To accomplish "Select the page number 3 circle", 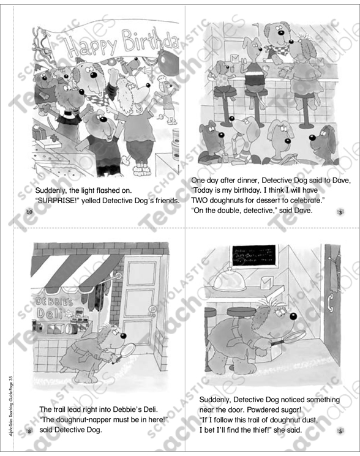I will (340, 212).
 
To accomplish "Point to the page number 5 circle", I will (340, 432).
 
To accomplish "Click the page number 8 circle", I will (29, 432).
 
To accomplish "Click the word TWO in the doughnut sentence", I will (201, 200).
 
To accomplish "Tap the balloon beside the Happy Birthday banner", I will (167, 61).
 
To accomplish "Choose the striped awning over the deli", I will (70, 269).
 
